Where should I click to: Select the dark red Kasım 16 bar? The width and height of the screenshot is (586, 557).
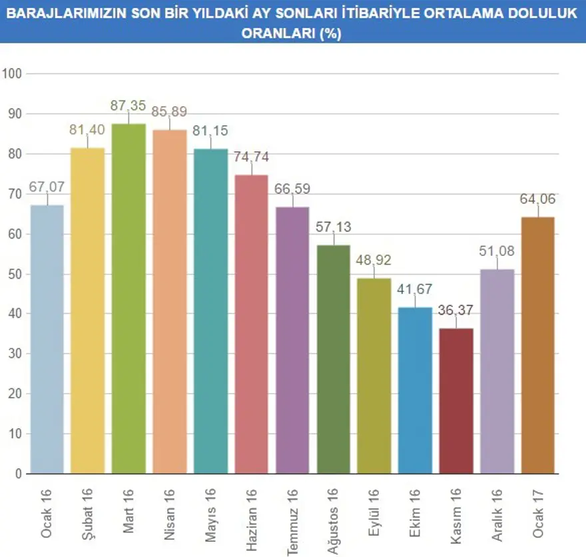[x=455, y=400]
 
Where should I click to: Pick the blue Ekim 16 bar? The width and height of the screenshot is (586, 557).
[x=415, y=390]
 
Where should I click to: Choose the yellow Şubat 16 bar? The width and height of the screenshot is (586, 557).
[x=87, y=310]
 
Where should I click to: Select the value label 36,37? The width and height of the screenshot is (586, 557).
[x=455, y=310]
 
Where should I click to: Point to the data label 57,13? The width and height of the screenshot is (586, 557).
[x=333, y=227]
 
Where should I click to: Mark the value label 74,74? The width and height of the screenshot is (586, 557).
[x=251, y=157]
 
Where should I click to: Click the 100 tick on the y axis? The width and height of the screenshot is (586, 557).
[x=13, y=73]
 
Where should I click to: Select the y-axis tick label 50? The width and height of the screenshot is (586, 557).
[x=15, y=274]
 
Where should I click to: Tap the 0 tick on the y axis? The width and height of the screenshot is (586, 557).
[x=18, y=474]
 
